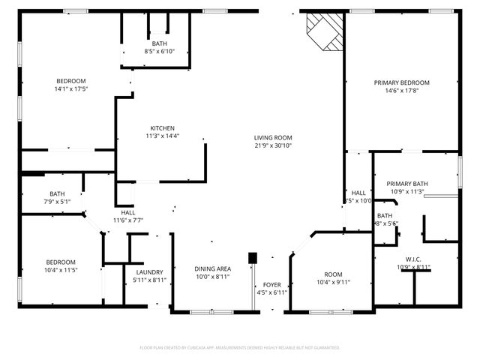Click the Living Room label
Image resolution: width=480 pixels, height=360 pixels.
point(272,137)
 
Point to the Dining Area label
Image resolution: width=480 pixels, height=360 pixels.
point(213,268)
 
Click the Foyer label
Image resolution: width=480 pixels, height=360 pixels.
point(271,285)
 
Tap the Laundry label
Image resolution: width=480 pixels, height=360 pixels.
point(149,272)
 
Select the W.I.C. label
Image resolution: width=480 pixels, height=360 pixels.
point(413,258)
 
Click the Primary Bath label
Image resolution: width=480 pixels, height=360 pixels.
point(407,183)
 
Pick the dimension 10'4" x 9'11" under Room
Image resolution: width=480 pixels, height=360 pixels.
point(332,282)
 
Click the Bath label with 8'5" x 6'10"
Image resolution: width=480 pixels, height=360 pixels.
point(159,43)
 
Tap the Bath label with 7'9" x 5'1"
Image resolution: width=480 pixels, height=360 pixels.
point(57,193)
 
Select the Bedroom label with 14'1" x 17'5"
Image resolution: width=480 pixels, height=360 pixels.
point(71,81)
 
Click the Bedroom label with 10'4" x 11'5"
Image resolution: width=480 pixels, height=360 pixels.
point(61,262)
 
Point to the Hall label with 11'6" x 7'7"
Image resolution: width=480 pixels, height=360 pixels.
point(127,212)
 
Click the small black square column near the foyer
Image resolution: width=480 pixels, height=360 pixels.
point(253,257)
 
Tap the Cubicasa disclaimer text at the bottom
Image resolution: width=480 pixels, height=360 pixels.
point(240,347)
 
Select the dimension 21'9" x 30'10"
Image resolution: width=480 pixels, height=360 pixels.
point(272,145)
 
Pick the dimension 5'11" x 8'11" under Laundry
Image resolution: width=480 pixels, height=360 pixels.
point(149,280)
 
